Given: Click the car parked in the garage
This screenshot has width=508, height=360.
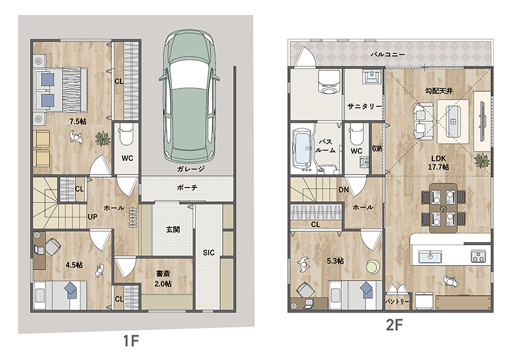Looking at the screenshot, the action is click(x=189, y=96).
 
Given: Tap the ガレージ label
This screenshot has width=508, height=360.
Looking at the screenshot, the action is click(x=191, y=169).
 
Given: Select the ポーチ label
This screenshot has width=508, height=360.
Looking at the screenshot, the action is click(x=188, y=187).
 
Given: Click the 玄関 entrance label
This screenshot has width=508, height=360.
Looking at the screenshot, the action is click(x=173, y=230).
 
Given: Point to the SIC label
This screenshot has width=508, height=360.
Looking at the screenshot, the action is click(x=208, y=253).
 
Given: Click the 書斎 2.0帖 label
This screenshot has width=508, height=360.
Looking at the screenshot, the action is click(x=163, y=279).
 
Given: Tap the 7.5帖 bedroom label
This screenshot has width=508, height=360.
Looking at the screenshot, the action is click(x=78, y=121).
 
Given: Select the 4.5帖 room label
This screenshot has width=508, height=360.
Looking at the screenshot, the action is click(x=74, y=265).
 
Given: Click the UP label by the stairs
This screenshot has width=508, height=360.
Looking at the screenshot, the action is click(x=92, y=217).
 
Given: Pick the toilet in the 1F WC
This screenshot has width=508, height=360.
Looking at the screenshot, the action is click(x=126, y=135).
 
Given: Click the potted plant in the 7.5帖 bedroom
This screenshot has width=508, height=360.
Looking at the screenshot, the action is click(x=103, y=138).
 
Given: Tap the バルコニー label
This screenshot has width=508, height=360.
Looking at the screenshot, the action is click(x=388, y=55).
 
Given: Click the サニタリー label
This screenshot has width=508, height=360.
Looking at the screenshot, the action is click(x=365, y=106).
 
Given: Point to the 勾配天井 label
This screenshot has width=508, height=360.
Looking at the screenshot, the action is click(x=439, y=91).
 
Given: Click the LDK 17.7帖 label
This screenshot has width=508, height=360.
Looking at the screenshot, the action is click(x=438, y=163).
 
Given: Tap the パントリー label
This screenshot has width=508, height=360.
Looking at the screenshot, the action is click(x=397, y=301).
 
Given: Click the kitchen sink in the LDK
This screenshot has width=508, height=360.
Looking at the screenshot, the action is click(x=430, y=256).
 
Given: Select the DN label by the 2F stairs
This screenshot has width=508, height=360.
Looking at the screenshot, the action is click(x=343, y=189).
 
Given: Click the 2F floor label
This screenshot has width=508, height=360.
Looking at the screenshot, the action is click(x=394, y=325).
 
